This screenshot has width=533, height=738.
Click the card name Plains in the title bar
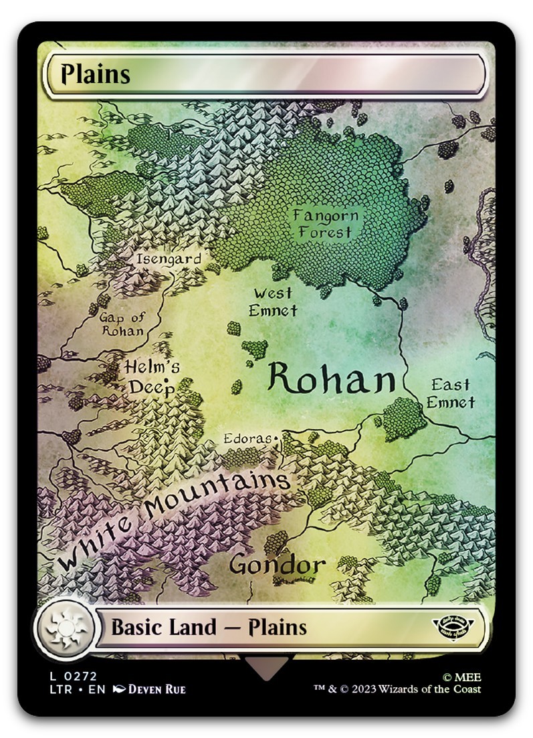[95, 74]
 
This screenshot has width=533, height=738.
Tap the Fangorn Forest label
[325, 224]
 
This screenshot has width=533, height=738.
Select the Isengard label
[168, 259]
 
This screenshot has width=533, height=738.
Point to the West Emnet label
[273, 301]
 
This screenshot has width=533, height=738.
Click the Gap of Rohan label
[122, 324]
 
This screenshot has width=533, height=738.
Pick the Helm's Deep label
[152, 377]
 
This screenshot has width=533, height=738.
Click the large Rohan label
[332, 380]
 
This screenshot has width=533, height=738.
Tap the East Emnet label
[451, 393]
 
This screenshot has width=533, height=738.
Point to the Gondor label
[278, 565]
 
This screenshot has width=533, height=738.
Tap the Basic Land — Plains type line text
[209, 628]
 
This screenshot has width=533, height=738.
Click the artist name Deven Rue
[156, 689]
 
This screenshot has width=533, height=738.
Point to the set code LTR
[59, 689]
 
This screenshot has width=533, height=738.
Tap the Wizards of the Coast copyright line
[397, 689]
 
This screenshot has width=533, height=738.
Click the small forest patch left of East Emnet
[403, 416]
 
